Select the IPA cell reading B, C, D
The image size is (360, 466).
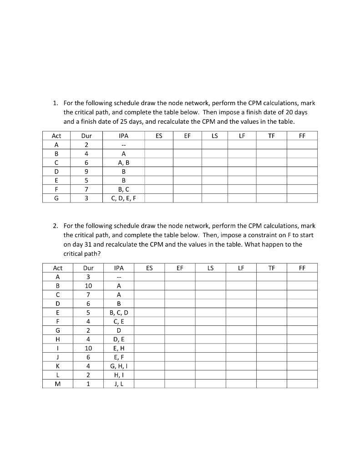click(119, 312)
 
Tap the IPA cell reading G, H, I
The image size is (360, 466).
click(119, 366)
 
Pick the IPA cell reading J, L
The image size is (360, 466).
click(119, 384)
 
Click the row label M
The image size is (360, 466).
click(57, 384)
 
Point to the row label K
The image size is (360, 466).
click(57, 366)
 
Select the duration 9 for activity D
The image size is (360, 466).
click(86, 172)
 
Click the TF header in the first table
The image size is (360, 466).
click(272, 136)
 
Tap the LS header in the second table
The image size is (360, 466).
click(210, 268)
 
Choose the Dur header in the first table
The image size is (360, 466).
click(86, 136)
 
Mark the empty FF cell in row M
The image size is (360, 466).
click(302, 384)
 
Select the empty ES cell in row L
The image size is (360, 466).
click(149, 375)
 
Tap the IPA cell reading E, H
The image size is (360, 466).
click(119, 348)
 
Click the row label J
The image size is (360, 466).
click(57, 357)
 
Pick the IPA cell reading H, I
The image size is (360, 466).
click(119, 375)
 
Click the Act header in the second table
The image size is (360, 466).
click(57, 268)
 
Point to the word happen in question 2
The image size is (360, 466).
click(257, 244)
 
